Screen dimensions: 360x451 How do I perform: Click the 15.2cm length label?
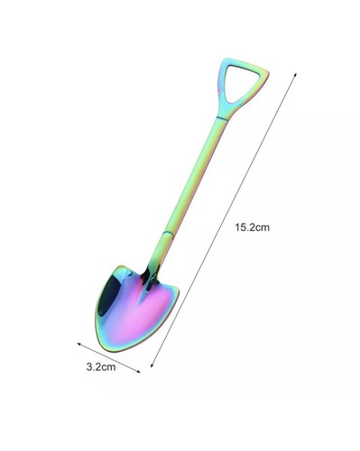coord(252,227)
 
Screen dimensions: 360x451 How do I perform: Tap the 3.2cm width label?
coord(101,367)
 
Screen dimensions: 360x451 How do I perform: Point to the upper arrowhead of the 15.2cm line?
coord(295,75)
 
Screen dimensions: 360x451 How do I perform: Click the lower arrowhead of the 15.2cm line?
coord(152,365)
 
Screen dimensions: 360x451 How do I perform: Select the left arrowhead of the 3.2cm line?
coord(79,344)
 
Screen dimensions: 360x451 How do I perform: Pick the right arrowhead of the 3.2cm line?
coord(138,372)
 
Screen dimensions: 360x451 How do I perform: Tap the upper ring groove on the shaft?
coord(222,118)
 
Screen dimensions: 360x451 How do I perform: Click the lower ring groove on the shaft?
coord(168,234)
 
